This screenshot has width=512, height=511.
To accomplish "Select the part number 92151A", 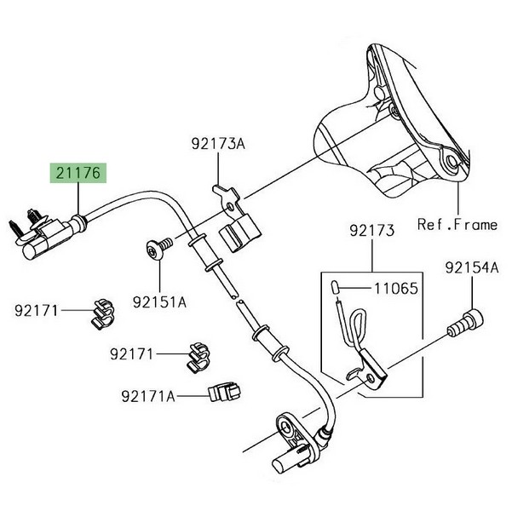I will [x=159, y=301].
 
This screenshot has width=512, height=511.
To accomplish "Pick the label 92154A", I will [x=471, y=268].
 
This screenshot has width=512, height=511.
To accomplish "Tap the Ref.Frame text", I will [x=457, y=224].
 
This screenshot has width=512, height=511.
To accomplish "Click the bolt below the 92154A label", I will [x=464, y=324].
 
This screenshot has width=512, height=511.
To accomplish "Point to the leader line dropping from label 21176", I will [x=78, y=201].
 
